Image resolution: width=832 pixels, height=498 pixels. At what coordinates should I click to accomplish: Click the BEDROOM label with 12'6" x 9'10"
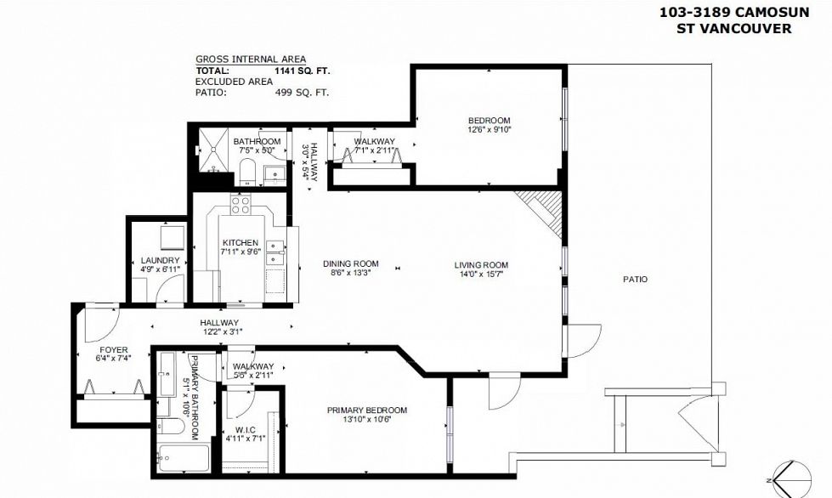tap(489, 120)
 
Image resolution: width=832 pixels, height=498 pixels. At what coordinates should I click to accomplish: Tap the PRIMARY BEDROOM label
tap(367, 410)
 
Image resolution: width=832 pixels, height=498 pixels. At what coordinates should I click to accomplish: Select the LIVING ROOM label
tap(480, 264)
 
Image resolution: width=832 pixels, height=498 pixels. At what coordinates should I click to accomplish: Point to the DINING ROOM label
tap(354, 263)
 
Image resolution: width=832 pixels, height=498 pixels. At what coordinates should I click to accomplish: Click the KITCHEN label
tap(240, 243)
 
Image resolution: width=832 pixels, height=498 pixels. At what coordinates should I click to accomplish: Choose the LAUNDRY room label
tap(160, 260)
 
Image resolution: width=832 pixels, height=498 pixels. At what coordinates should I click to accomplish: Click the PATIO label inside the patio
tap(635, 279)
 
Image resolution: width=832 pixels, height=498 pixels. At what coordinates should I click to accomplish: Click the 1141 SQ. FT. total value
tap(303, 71)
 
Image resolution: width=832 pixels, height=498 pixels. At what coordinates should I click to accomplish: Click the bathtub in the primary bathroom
tap(184, 459)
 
